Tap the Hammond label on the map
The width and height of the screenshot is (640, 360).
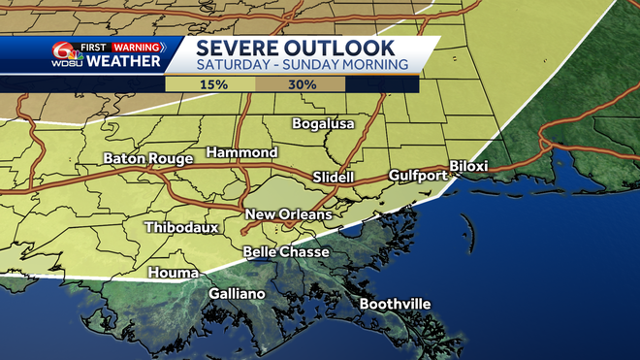(x=242, y=153)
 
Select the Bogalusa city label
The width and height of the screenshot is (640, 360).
(x=325, y=124)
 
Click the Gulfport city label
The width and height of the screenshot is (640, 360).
(x=418, y=176)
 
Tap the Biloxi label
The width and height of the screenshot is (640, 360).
(x=468, y=166)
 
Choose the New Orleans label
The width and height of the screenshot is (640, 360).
(x=288, y=214)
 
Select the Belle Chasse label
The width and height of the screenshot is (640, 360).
(x=285, y=252)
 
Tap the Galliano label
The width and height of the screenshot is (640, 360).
(x=238, y=294)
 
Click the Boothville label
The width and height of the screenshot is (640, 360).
(x=395, y=305)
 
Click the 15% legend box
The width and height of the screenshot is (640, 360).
(x=214, y=84)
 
